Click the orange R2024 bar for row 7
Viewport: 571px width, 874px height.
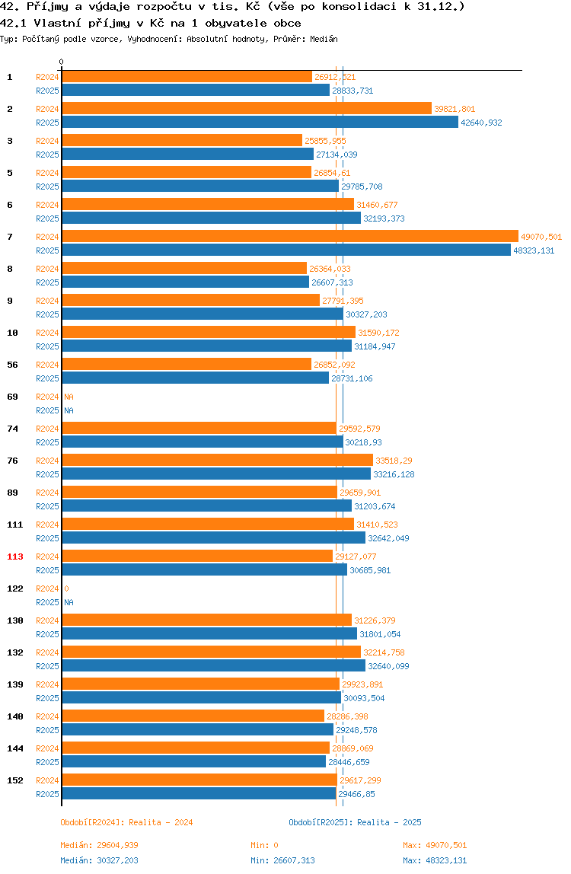(290, 236)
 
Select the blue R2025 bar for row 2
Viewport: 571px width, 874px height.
(260, 122)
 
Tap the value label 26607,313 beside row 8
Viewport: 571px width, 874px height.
(332, 282)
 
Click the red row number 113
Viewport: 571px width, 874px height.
(15, 557)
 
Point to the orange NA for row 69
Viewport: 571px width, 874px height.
(69, 397)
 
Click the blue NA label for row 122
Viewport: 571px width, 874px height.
(69, 602)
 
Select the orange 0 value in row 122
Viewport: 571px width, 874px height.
(66, 589)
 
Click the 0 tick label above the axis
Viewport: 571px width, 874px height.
(62, 62)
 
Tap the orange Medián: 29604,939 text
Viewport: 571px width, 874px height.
(99, 845)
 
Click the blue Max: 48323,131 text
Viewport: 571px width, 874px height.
(435, 860)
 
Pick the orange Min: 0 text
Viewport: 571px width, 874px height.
(264, 845)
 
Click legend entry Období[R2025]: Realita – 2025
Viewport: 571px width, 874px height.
(356, 822)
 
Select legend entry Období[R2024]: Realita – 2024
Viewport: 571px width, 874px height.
(126, 822)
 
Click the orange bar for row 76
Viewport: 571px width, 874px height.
(218, 460)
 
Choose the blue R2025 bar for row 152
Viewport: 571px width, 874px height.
(199, 793)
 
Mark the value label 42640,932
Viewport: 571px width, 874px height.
(481, 123)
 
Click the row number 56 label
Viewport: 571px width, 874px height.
(12, 365)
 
